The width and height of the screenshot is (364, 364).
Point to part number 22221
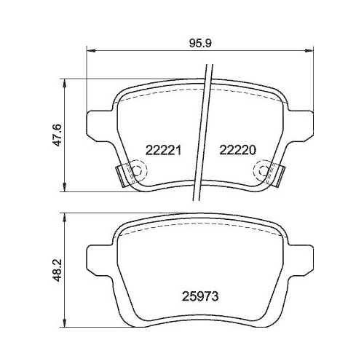pos(163,150)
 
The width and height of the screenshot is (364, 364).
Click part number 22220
pos(237,150)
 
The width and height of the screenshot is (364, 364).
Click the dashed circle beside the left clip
pos(140,171)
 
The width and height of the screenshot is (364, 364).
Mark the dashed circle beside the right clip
pos(259,171)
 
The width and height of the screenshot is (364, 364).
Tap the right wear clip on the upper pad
pos(276,175)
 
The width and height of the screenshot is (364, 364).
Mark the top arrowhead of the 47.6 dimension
pos(66,81)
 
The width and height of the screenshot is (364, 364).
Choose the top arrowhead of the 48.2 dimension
pos(66,215)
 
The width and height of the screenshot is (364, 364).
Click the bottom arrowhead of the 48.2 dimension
pos(66,326)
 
